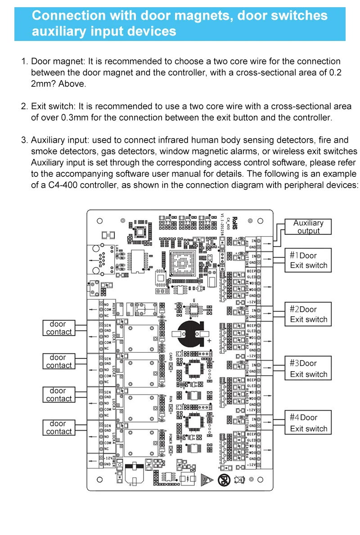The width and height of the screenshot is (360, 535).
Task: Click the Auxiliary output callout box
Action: (308, 227)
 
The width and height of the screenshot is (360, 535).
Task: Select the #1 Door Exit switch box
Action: (308, 260)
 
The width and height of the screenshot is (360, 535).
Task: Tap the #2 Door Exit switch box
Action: (308, 314)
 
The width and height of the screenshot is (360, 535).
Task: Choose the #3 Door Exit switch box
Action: (308, 369)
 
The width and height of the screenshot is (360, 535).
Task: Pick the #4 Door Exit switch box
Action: (308, 423)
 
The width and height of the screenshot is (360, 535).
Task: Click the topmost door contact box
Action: (58, 328)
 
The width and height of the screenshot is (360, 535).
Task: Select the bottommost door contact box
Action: (58, 427)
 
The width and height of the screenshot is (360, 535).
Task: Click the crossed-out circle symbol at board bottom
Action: (222, 480)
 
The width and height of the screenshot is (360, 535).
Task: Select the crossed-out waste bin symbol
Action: (239, 480)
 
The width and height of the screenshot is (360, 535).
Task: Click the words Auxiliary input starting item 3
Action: (57, 140)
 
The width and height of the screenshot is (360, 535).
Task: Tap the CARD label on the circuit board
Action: (171, 357)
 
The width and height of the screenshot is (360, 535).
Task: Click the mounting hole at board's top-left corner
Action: (100, 220)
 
